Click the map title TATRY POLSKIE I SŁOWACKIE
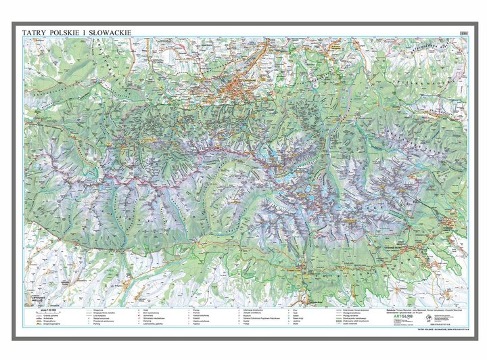[x=76, y=31]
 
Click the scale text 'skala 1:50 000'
[x=49, y=310]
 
